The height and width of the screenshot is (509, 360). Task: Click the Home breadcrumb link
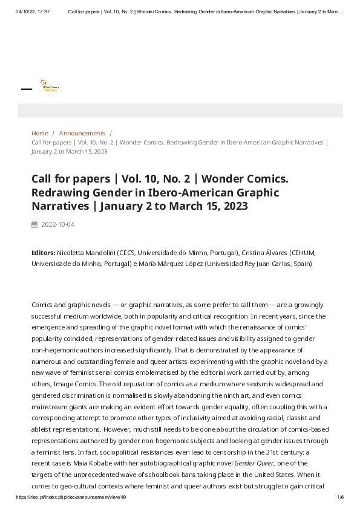click(39, 133)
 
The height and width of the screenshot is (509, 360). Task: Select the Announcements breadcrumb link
click(82, 133)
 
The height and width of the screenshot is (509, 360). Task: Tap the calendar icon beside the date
click(34, 224)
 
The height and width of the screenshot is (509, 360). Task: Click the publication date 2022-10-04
click(57, 224)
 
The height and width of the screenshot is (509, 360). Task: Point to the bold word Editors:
click(43, 253)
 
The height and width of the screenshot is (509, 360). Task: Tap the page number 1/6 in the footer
click(340, 497)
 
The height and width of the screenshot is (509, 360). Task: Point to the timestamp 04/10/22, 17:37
click(33, 11)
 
